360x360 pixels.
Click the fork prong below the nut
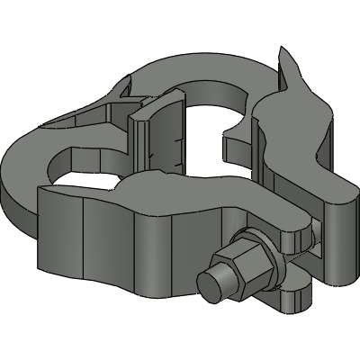coord(292,295)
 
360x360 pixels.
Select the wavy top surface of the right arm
coord(297,135)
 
